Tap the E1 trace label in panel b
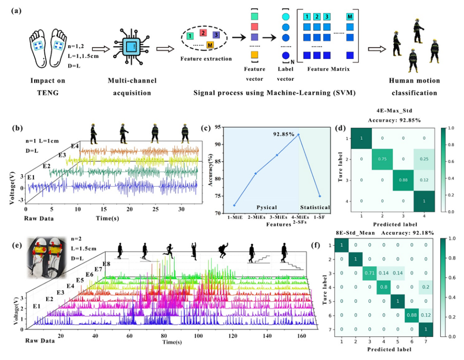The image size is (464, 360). click(x=30, y=177)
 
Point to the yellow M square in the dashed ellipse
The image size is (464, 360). click(x=210, y=45)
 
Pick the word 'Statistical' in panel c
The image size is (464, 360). click(x=315, y=207)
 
